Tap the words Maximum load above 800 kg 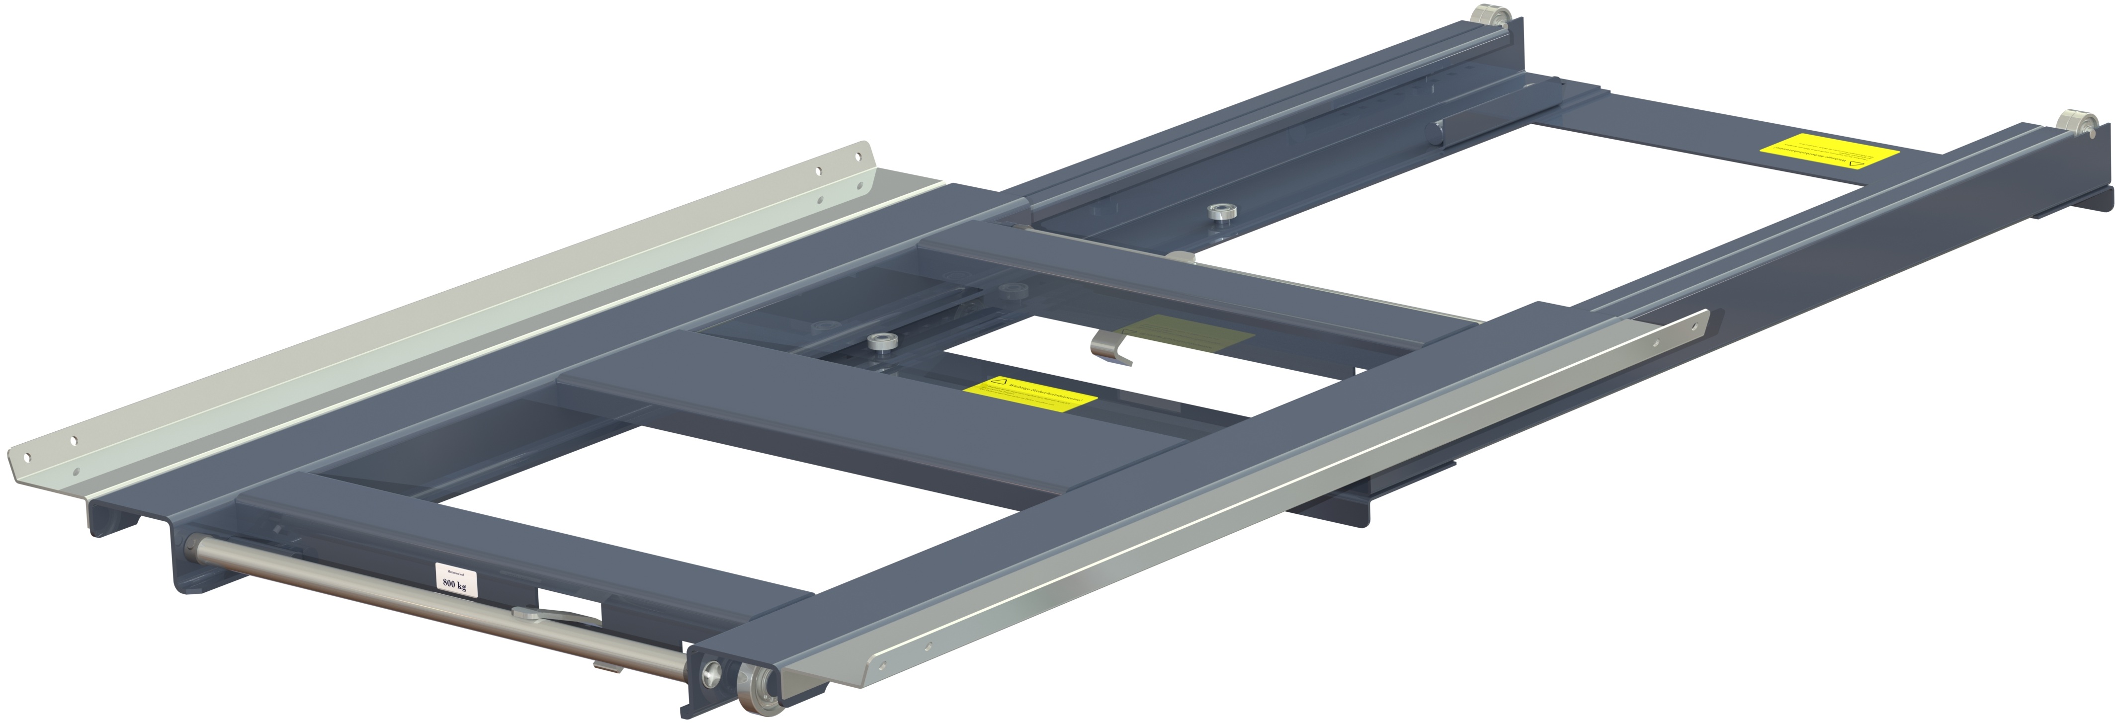[453, 570]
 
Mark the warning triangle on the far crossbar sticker [1855, 163]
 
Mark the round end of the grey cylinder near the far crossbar [1438, 132]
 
